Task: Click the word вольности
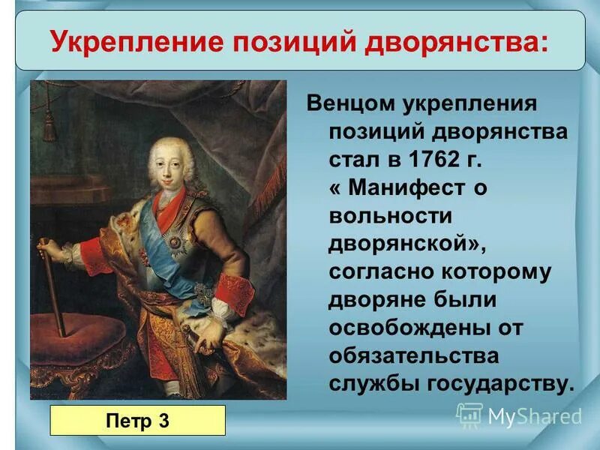[x=390, y=216]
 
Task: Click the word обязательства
[x=412, y=355]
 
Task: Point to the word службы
[x=373, y=383]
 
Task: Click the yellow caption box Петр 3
[x=137, y=420]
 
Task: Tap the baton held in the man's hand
[x=53, y=285]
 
